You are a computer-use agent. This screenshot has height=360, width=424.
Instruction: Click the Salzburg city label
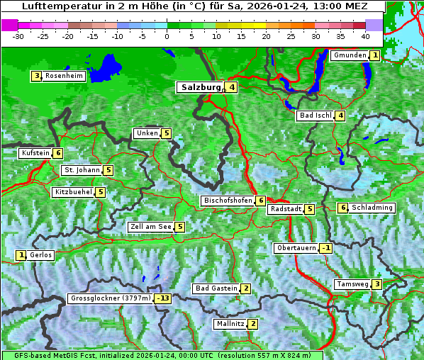[201, 87]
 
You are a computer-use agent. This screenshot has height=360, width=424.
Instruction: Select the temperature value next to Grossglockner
[164, 298]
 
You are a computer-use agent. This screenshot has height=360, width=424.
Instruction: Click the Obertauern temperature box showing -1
[325, 248]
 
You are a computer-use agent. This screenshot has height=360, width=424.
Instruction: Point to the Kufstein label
[35, 152]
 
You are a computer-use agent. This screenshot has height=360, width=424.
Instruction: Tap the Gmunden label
[349, 55]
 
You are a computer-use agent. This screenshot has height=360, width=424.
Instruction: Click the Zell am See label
[151, 227]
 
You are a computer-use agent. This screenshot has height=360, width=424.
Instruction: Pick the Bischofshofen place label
[228, 201]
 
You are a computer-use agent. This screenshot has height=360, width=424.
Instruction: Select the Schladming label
[372, 208]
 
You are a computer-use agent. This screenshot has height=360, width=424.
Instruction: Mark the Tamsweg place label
[352, 284]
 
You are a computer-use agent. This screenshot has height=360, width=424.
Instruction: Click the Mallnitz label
[230, 324]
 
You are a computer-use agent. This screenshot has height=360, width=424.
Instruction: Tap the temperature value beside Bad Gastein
[245, 288]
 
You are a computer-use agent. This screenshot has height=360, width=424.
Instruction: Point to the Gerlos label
[40, 255]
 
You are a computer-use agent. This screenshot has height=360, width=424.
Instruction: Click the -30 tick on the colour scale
[18, 35]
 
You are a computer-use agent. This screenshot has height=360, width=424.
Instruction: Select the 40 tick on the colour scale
[365, 35]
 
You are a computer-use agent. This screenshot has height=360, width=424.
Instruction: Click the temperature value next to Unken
[166, 133]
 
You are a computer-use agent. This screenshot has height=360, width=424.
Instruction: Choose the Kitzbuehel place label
[73, 192]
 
